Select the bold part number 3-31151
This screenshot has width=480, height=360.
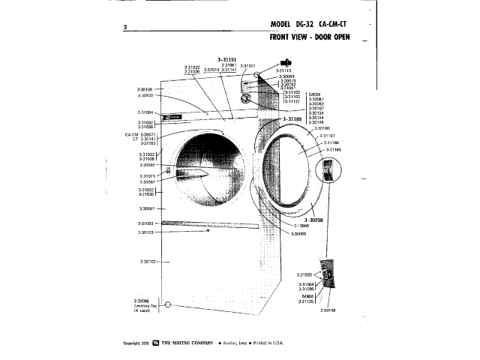226,60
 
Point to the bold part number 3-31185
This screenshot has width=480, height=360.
296,118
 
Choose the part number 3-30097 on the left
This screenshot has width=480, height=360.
147,208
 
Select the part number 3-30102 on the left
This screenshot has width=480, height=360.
147,261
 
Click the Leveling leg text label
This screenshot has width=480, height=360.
145,306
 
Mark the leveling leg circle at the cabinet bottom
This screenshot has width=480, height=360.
168,305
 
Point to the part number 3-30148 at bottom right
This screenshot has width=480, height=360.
328,310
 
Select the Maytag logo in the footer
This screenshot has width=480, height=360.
155,342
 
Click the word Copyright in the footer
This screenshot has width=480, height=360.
134,342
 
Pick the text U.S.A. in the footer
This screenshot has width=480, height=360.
276,342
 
